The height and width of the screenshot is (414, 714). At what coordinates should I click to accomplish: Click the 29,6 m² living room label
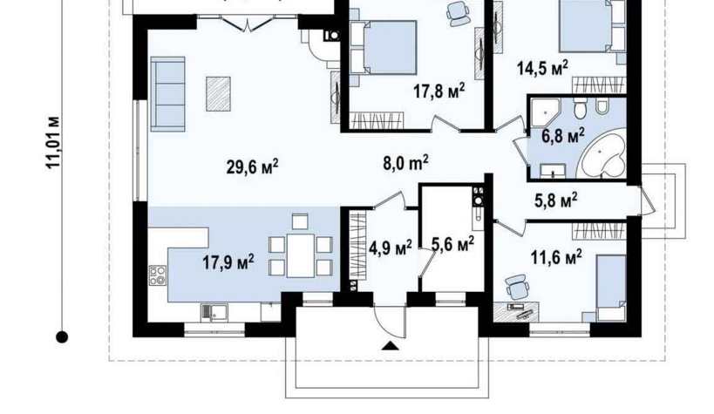click(252, 167)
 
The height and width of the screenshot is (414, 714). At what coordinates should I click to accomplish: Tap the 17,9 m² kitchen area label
click(228, 262)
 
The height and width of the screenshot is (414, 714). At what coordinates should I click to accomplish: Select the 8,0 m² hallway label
click(405, 163)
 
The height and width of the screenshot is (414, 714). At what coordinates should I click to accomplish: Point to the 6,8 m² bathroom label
click(563, 135)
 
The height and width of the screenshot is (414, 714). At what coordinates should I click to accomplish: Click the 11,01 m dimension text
click(53, 143)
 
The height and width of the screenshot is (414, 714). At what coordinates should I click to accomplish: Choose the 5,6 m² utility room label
click(452, 245)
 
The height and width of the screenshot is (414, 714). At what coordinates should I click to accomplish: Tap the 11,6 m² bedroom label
click(556, 257)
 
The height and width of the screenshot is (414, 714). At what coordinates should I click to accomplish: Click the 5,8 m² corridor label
click(556, 200)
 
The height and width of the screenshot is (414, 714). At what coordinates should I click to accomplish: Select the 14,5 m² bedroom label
click(542, 68)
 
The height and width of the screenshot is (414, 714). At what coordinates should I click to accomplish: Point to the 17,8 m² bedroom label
click(439, 91)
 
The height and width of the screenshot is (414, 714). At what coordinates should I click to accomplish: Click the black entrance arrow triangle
click(391, 346)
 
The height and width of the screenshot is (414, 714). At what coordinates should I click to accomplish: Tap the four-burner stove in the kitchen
click(158, 275)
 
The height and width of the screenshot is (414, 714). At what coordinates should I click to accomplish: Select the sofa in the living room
click(167, 94)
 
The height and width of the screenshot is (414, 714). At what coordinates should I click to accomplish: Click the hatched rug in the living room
click(218, 94)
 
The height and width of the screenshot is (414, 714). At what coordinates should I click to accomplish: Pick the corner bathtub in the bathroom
click(601, 155)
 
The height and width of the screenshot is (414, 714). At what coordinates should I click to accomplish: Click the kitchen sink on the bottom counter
click(214, 312)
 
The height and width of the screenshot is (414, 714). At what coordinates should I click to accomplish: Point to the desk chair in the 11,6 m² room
click(517, 287)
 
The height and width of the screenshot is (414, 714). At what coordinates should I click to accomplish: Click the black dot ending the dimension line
click(62, 337)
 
